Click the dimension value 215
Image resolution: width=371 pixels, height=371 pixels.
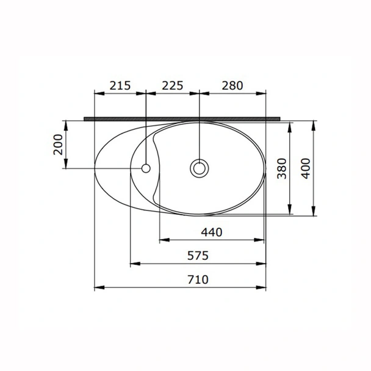pyautogui.click(x=120, y=85)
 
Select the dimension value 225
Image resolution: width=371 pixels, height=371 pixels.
pyautogui.click(x=173, y=85)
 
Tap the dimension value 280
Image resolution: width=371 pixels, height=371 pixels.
pyautogui.click(x=232, y=85)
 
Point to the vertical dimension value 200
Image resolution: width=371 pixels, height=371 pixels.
pyautogui.click(x=58, y=145)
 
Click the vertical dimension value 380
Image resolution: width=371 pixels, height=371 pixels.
pyautogui.click(x=282, y=168)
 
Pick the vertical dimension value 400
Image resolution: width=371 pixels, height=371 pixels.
pyautogui.click(x=305, y=168)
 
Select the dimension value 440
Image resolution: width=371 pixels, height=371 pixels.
pyautogui.click(x=212, y=232)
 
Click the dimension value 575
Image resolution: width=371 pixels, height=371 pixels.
pyautogui.click(x=198, y=256)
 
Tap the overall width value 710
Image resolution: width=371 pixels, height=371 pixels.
pyautogui.click(x=198, y=279)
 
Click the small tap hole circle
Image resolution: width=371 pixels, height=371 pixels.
pyautogui.click(x=146, y=168)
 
